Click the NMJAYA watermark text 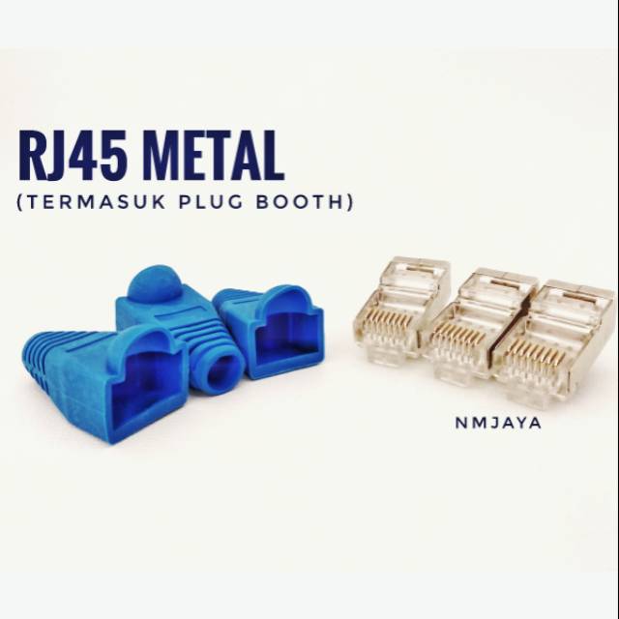click(498, 424)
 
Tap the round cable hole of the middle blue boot click(223, 371)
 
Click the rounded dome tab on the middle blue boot click(155, 282)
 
